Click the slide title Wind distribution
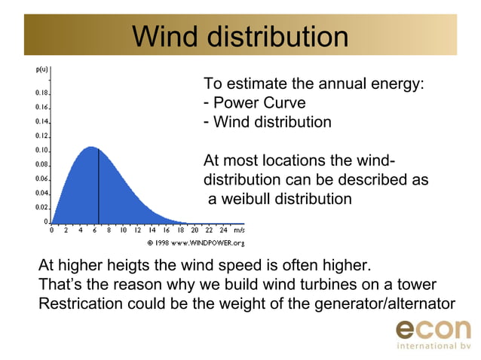click(240, 36)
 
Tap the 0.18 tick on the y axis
click(41, 93)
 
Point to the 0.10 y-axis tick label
click(41, 150)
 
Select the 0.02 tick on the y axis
click(41, 207)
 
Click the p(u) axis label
click(43, 69)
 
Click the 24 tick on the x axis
click(223, 230)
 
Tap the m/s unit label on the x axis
click(239, 230)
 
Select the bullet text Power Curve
click(259, 103)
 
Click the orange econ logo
click(433, 329)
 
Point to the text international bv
click(433, 346)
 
